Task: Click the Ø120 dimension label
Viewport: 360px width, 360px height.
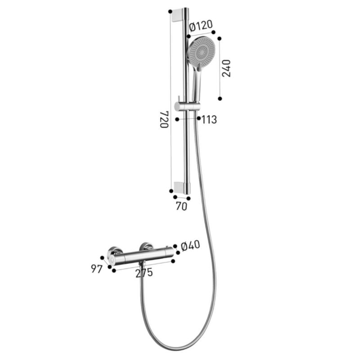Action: click(201, 26)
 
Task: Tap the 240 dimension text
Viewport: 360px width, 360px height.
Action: click(226, 68)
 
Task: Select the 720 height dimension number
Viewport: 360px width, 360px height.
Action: click(164, 119)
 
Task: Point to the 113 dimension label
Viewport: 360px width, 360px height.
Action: click(209, 120)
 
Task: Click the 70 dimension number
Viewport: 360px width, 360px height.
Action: click(182, 206)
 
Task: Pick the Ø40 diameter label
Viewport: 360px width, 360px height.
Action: click(190, 246)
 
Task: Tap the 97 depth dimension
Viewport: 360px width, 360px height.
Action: click(96, 269)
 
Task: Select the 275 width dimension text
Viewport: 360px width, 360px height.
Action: click(144, 273)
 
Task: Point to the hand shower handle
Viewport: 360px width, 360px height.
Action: click(197, 83)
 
